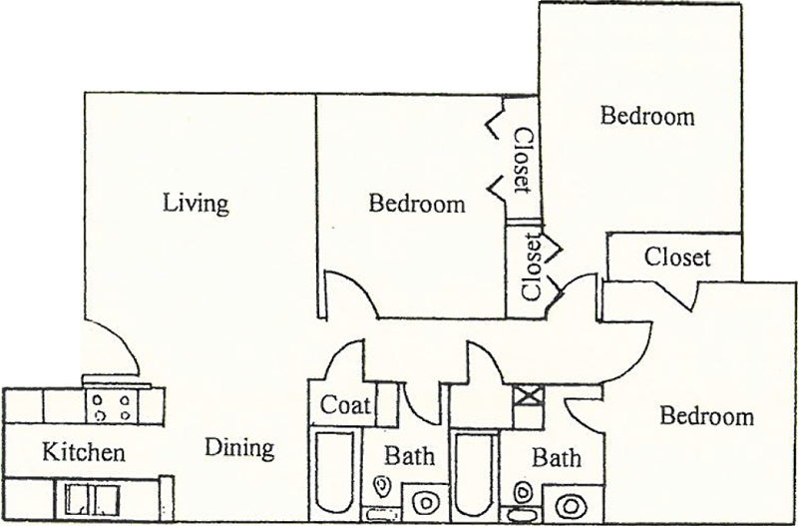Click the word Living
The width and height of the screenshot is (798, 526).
(196, 204)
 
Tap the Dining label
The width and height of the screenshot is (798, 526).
(239, 448)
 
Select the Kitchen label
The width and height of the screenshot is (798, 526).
(84, 452)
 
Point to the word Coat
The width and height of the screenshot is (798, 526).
(345, 405)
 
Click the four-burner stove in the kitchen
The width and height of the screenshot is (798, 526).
(112, 406)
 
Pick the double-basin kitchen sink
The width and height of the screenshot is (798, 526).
(92, 498)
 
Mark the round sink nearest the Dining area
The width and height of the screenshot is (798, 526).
(426, 502)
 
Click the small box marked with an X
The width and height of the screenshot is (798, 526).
(529, 395)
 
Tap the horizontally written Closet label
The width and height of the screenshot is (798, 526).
(677, 258)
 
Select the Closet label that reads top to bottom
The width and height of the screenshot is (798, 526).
(523, 161)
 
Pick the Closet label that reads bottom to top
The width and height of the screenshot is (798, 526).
(533, 266)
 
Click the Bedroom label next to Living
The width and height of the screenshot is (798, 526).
(417, 205)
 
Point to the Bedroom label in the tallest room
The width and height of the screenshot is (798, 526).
(647, 116)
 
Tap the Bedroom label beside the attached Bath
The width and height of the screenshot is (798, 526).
(707, 416)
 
